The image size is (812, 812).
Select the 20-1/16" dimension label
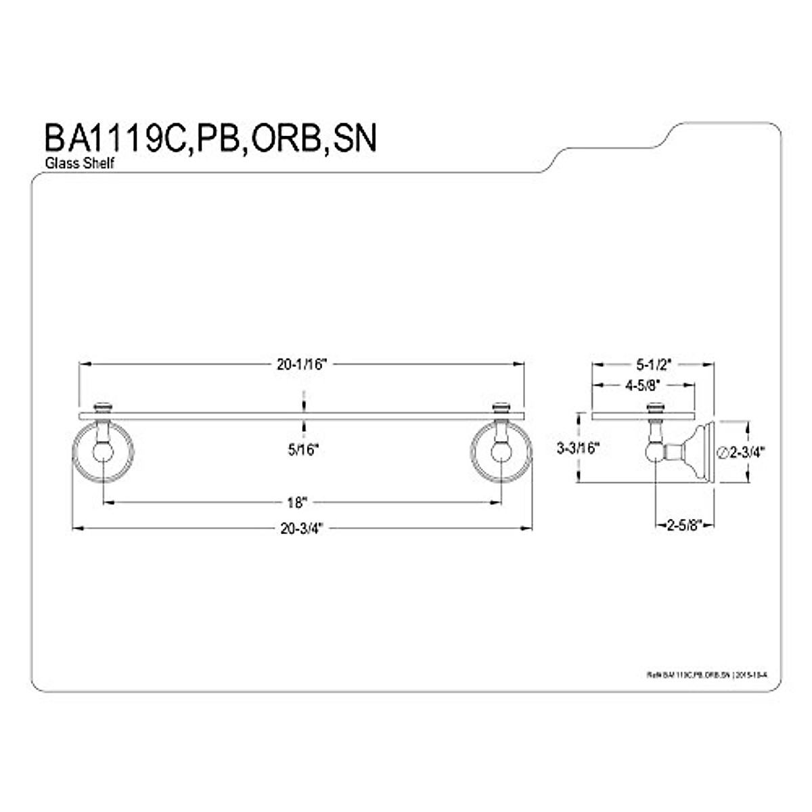coord(302,364)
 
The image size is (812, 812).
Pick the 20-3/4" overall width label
coord(302,528)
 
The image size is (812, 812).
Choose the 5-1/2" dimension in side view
coord(653,364)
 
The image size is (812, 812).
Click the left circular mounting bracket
coord(103,452)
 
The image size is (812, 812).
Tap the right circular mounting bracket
coord(501,452)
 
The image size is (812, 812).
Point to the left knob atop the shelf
coord(103,407)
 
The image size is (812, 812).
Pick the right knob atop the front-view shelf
coord(501,407)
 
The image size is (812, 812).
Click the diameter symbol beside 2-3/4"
coord(721,452)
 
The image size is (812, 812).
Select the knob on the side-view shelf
coord(655,407)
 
